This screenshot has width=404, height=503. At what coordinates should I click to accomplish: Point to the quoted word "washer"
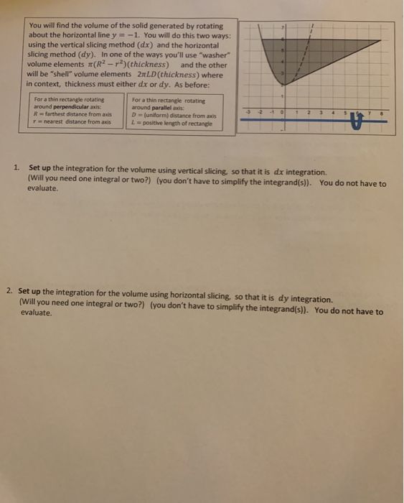pyautogui.click(x=214, y=54)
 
